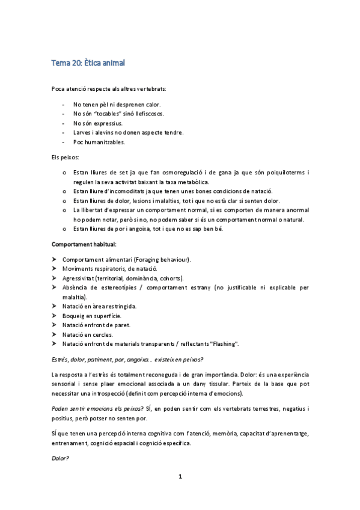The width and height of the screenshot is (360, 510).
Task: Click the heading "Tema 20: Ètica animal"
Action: click(88, 63)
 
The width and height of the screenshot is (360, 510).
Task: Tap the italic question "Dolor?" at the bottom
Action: click(60, 458)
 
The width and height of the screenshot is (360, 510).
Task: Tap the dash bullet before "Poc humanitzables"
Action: click(63, 142)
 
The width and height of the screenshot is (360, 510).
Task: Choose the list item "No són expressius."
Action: click(97, 123)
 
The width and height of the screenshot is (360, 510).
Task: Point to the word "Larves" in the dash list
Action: click(82, 132)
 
